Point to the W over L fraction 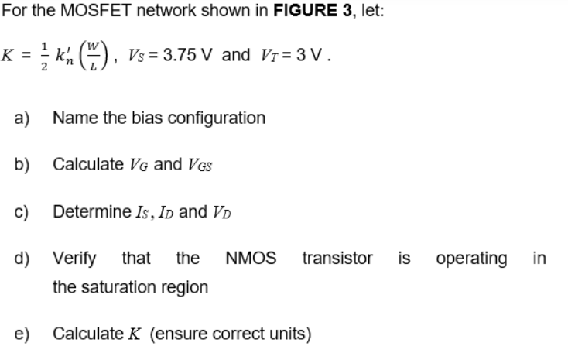click(x=82, y=56)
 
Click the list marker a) click(x=22, y=118)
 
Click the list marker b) click(x=22, y=164)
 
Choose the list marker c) click(x=22, y=211)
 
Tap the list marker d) click(x=22, y=258)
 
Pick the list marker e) click(x=22, y=334)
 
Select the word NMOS click(x=251, y=258)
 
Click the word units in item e click(x=289, y=334)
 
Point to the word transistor click(x=337, y=258)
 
